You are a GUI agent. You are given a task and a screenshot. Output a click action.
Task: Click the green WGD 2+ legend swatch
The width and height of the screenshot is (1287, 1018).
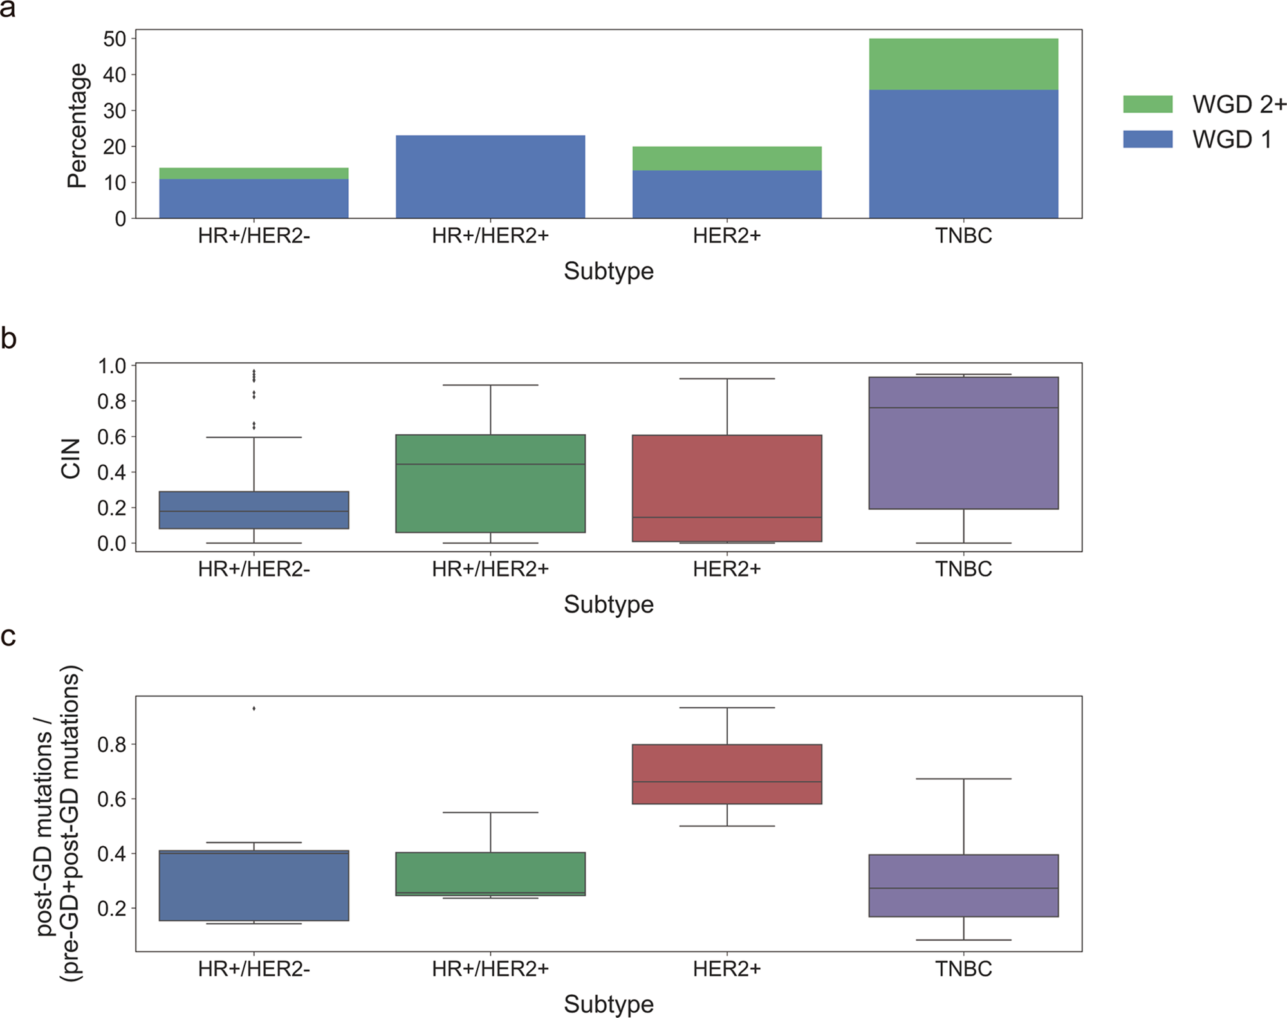tap(1147, 104)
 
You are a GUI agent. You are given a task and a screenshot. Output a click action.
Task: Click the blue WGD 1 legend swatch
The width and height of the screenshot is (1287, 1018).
tap(1147, 139)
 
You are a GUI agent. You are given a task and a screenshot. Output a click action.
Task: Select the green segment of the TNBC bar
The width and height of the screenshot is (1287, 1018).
tap(963, 64)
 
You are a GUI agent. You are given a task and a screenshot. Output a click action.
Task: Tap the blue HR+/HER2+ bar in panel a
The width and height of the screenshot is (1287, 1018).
tap(490, 177)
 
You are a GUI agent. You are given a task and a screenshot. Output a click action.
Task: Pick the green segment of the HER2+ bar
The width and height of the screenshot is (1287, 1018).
tap(727, 158)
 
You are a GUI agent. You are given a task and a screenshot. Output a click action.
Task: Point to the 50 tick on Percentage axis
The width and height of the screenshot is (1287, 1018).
tap(115, 39)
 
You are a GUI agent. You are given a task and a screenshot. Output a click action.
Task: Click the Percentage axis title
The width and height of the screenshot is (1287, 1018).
tap(77, 125)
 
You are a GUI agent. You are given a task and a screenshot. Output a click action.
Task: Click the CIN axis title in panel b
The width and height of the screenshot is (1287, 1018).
tap(71, 458)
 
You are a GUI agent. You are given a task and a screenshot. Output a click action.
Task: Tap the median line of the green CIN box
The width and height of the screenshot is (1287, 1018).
tap(490, 464)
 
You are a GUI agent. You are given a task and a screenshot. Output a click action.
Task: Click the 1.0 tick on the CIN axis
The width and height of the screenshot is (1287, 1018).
tap(112, 366)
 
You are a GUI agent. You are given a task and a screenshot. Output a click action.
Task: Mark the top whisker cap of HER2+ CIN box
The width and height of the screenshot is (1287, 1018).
tap(727, 378)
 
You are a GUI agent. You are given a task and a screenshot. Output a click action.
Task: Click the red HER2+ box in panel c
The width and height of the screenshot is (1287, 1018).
tap(727, 774)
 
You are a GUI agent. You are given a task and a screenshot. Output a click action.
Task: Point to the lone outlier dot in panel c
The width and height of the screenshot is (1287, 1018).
tap(254, 708)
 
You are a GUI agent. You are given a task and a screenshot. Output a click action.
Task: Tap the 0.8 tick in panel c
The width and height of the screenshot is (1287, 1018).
tap(112, 745)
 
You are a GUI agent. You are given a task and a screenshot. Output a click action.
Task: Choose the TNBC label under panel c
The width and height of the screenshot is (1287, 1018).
tap(963, 968)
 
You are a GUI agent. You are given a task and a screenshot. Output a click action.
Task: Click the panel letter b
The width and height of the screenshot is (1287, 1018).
tap(8, 338)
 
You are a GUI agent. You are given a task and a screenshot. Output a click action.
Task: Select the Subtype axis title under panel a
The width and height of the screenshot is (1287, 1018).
tap(608, 271)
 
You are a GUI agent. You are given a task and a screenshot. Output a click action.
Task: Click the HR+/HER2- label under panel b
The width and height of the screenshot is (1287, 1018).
tap(254, 569)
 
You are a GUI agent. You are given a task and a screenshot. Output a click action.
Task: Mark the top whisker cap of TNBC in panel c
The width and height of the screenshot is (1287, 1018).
tap(963, 779)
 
